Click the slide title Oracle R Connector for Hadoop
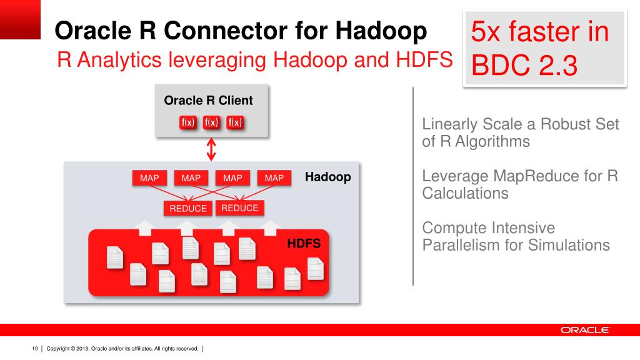[241, 30]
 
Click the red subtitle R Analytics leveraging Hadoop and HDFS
[255, 61]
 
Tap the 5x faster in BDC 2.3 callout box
[546, 47]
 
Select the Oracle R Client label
[208, 101]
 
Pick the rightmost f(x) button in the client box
[235, 122]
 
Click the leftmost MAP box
[149, 178]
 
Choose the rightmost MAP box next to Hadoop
[274, 178]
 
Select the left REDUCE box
[188, 209]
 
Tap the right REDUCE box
[240, 208]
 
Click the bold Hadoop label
[328, 177]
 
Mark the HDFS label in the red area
[304, 244]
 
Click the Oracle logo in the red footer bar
[584, 330]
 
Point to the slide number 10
[35, 348]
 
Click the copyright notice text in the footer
[122, 348]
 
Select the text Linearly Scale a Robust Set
[521, 124]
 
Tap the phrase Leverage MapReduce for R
[520, 176]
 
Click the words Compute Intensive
[488, 227]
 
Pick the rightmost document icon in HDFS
[316, 269]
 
